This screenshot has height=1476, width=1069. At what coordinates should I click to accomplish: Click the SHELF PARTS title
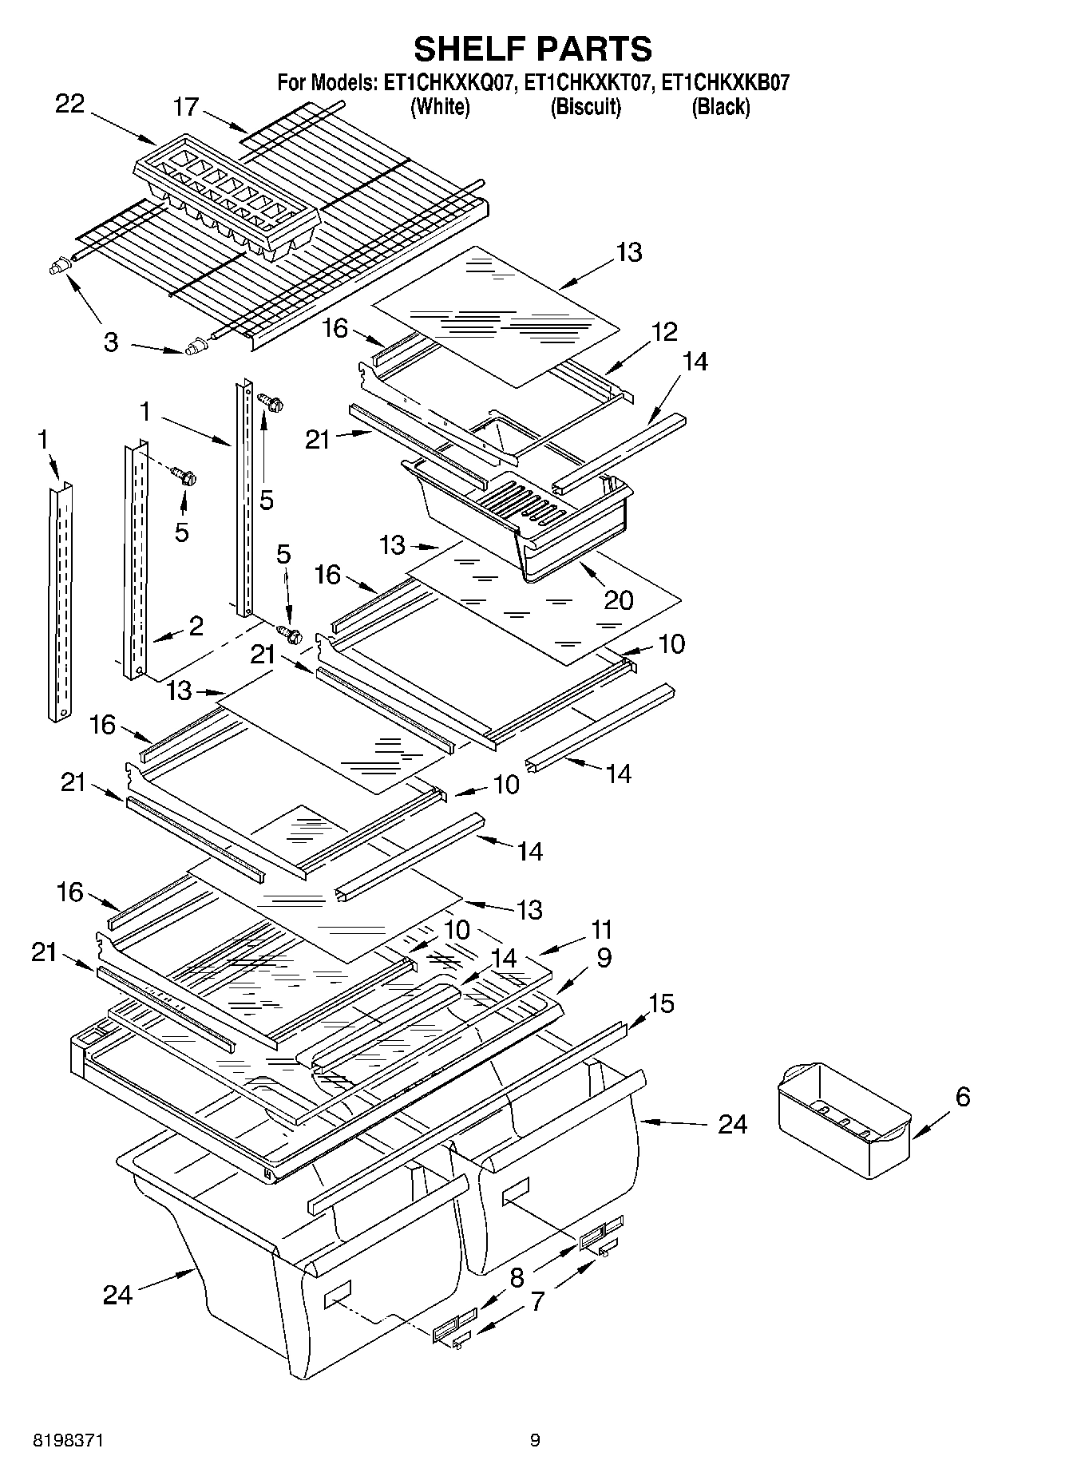click(x=533, y=49)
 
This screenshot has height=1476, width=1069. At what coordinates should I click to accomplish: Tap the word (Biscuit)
click(x=585, y=106)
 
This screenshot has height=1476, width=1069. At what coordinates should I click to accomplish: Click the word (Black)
click(x=720, y=106)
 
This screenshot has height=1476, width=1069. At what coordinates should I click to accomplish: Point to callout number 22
click(x=69, y=104)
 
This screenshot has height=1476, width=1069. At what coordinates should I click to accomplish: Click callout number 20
click(x=619, y=600)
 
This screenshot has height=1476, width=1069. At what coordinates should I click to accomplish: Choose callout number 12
click(x=663, y=331)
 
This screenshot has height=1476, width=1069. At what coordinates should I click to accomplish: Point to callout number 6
click(x=962, y=1097)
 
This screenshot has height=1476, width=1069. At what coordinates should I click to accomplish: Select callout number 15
click(x=662, y=1003)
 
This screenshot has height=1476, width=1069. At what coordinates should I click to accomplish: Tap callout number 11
click(x=600, y=929)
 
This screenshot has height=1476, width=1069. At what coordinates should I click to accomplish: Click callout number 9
click(x=604, y=956)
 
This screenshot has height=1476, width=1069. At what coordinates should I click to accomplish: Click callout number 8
click(x=517, y=1277)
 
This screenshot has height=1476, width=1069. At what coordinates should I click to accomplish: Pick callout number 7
click(x=537, y=1301)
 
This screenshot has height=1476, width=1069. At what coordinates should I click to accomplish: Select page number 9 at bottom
click(x=535, y=1440)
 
